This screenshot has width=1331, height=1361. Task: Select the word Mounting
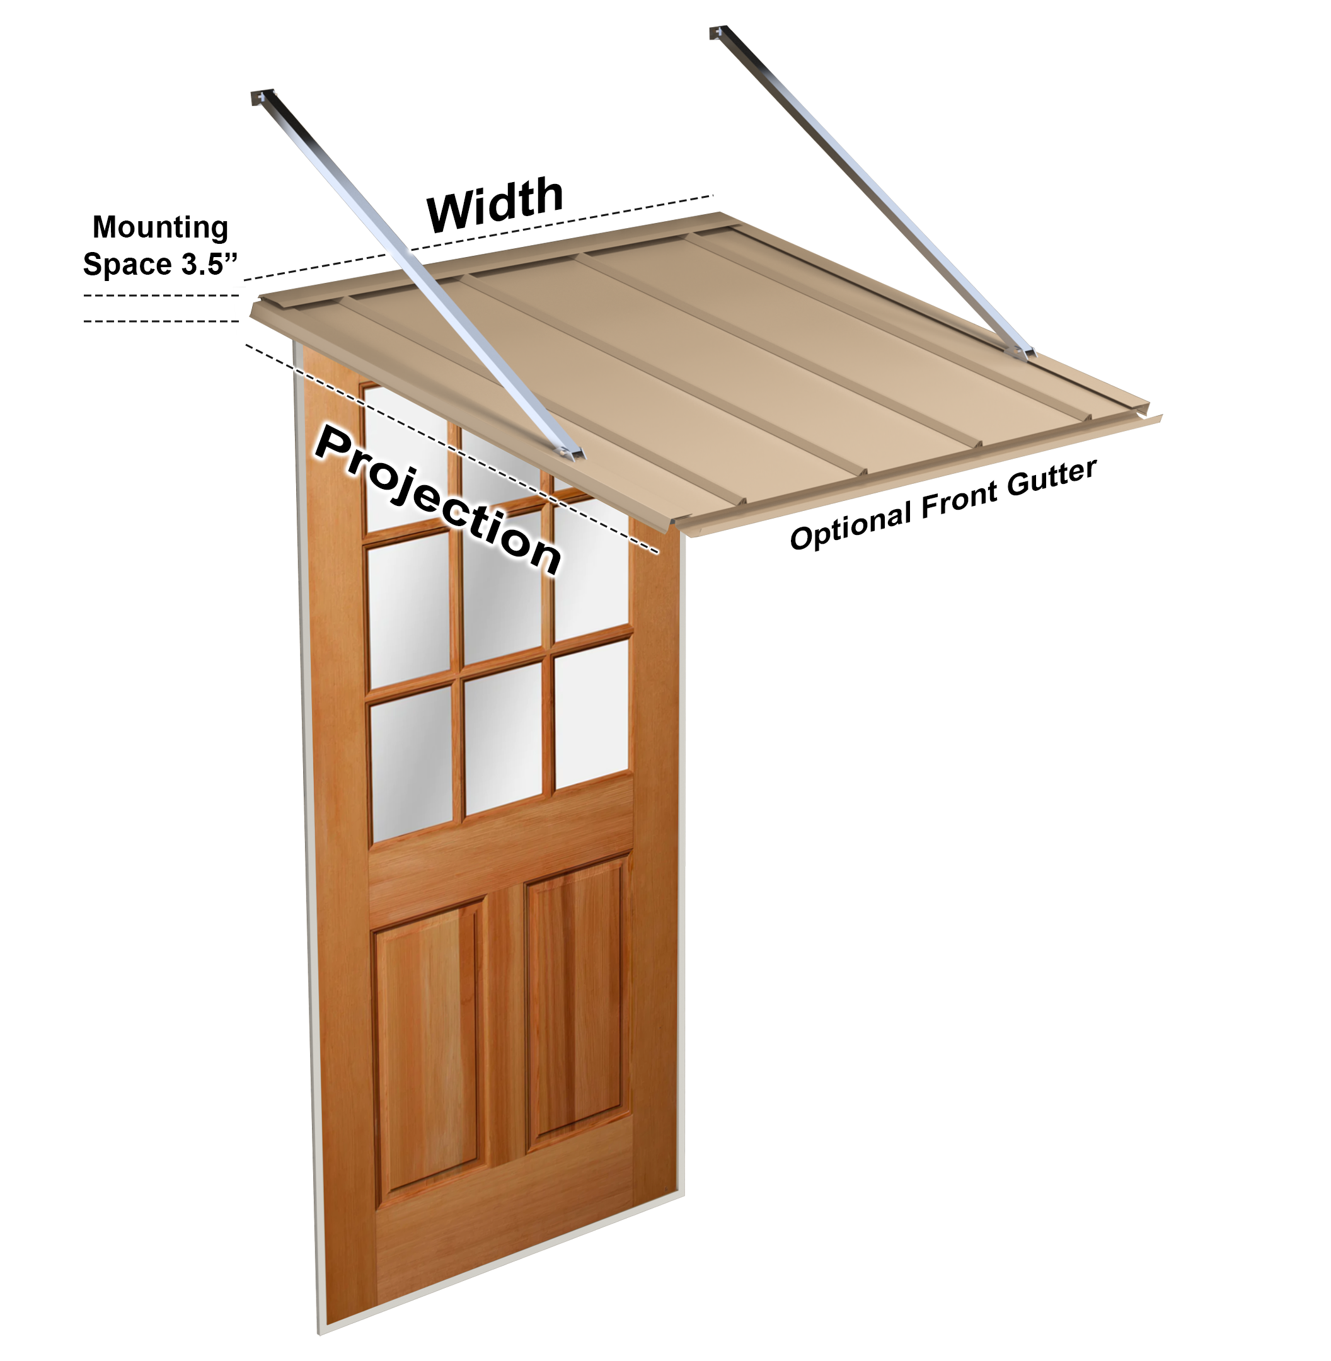click(160, 227)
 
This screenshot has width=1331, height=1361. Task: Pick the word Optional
click(850, 526)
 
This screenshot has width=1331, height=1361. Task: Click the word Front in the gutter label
click(959, 498)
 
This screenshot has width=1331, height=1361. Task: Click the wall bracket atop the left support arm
click(262, 98)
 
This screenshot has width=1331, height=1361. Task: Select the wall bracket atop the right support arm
click(718, 32)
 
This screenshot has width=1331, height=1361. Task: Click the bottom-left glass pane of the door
click(411, 762)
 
